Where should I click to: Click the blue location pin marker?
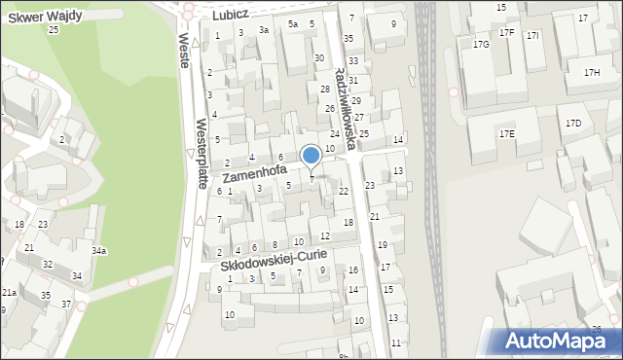tap(311, 156)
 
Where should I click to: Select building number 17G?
tap(481, 45)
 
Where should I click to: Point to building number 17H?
tap(592, 73)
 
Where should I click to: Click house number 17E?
tap(507, 133)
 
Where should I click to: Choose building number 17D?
tap(573, 123)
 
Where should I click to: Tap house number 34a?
tap(99, 251)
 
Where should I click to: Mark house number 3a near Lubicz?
tap(263, 30)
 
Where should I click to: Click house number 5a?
tap(292, 23)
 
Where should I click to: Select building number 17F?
tap(506, 32)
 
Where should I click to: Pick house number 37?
tap(66, 305)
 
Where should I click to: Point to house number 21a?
tap(9, 292)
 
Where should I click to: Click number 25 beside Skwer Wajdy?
tap(54, 29)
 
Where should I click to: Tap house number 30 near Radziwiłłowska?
tap(318, 58)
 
